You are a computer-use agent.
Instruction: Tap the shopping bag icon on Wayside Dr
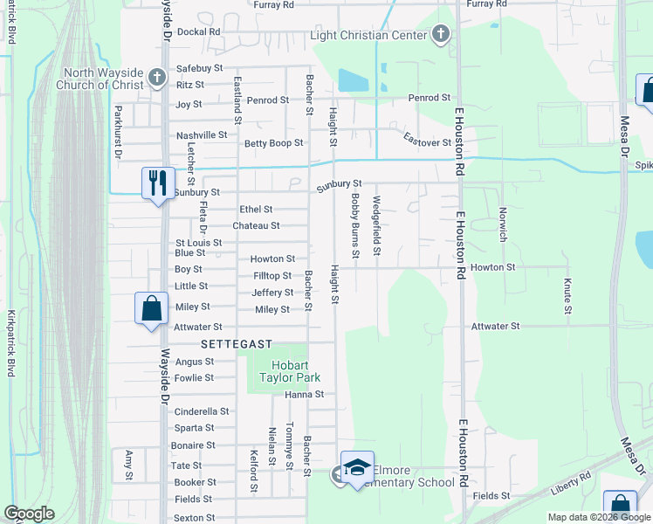point(151,307)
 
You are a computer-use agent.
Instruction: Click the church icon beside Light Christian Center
point(441,35)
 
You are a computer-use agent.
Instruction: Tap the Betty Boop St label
point(273,143)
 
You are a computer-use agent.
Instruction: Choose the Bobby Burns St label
point(356,226)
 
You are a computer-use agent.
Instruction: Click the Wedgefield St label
point(377,226)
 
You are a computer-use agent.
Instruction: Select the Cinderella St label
point(202,411)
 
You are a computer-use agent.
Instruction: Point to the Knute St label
point(568,296)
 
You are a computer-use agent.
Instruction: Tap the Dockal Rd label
point(199,31)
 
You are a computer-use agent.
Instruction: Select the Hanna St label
point(306,395)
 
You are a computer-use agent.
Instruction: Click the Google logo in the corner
point(29,514)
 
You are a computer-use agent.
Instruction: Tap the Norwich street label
point(503,224)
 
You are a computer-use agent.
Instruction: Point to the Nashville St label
point(202,135)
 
